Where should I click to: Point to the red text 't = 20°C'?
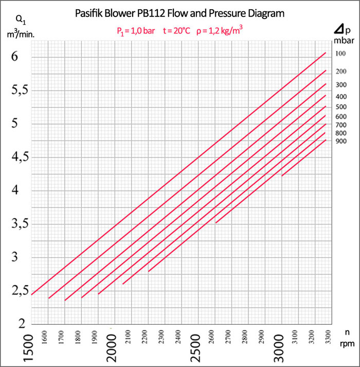[176, 30]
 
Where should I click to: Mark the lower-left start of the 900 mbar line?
[282, 176]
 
